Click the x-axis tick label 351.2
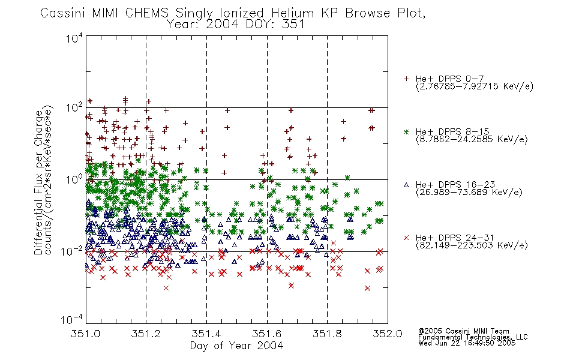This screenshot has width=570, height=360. pos(146,334)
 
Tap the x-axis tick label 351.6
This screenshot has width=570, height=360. pos(267,334)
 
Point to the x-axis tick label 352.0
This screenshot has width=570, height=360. pos(388,334)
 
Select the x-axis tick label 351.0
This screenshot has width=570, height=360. pos(85,334)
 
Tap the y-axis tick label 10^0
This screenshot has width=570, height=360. pos(74,179)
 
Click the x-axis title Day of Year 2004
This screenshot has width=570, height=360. pos(236,346)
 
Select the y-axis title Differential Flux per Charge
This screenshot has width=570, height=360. pos(38,182)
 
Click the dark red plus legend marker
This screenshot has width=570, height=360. pos(406,79)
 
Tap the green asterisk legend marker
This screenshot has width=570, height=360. pos(406,131)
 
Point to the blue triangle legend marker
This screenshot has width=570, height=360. pos(406,185)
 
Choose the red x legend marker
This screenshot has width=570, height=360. pos(406,238)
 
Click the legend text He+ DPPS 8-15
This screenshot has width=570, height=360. pos(452,131)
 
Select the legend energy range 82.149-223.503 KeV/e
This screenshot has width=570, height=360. pos(472,245)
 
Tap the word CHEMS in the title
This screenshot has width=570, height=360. pos(147,13)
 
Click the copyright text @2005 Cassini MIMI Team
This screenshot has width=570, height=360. pos(463,331)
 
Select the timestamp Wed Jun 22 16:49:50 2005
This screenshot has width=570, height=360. pos(467,343)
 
